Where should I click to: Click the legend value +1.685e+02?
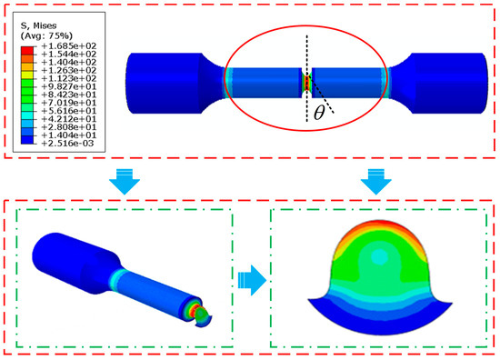pyautogui.click(x=68, y=46)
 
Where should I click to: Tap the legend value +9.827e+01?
pyautogui.click(x=68, y=86)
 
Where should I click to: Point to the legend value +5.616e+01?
pyautogui.click(x=68, y=111)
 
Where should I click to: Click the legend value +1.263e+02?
pyautogui.click(x=68, y=71)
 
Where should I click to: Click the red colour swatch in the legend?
pyautogui.click(x=27, y=50)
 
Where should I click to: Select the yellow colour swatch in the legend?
pyautogui.click(x=27, y=75)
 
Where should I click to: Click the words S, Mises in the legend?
pyautogui.click(x=38, y=25)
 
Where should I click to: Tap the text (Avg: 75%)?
pyautogui.click(x=46, y=35)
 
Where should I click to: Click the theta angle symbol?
pyautogui.click(x=319, y=113)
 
